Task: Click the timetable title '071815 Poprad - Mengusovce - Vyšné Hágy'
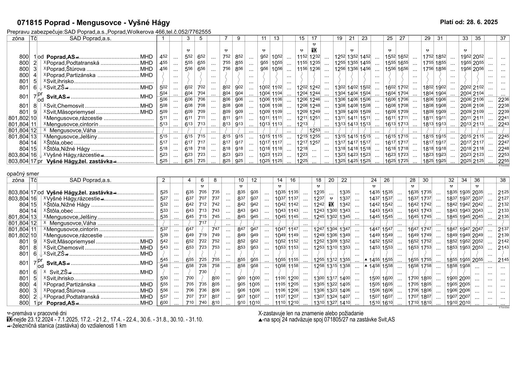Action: [93, 23]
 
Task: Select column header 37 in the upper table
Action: [503, 38]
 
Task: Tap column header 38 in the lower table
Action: [503, 180]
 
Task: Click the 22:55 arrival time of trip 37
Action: [503, 161]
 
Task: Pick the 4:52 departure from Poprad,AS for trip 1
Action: [163, 57]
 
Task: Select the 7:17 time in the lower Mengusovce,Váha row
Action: [202, 223]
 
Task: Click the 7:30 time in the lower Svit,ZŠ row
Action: [202, 272]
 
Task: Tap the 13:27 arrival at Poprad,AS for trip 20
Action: [331, 303]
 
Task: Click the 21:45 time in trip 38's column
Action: [503, 260]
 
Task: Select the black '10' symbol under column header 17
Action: [314, 50]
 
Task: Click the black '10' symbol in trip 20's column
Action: [331, 205]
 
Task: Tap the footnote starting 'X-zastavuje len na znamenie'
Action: [310, 313]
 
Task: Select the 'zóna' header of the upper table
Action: [18, 38]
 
